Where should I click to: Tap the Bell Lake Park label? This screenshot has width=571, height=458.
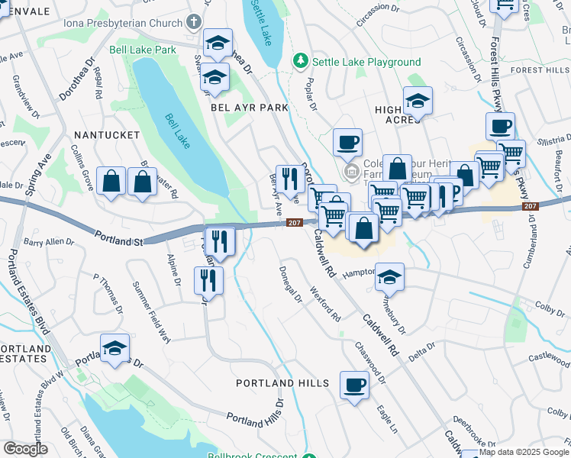[143, 50]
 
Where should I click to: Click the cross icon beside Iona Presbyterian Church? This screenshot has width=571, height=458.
[194, 22]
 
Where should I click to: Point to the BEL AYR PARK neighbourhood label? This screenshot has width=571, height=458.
[250, 108]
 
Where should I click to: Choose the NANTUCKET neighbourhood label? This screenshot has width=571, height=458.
[106, 134]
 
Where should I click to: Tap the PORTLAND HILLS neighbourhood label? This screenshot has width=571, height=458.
[282, 383]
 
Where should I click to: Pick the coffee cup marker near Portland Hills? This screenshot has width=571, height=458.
[353, 385]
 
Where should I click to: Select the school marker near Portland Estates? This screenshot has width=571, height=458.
[115, 350]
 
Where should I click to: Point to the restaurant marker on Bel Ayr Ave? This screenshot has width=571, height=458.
[289, 179]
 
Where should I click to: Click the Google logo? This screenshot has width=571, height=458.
[25, 449]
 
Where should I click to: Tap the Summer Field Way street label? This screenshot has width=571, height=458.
[152, 313]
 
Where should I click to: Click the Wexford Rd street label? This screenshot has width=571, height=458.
[325, 303]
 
